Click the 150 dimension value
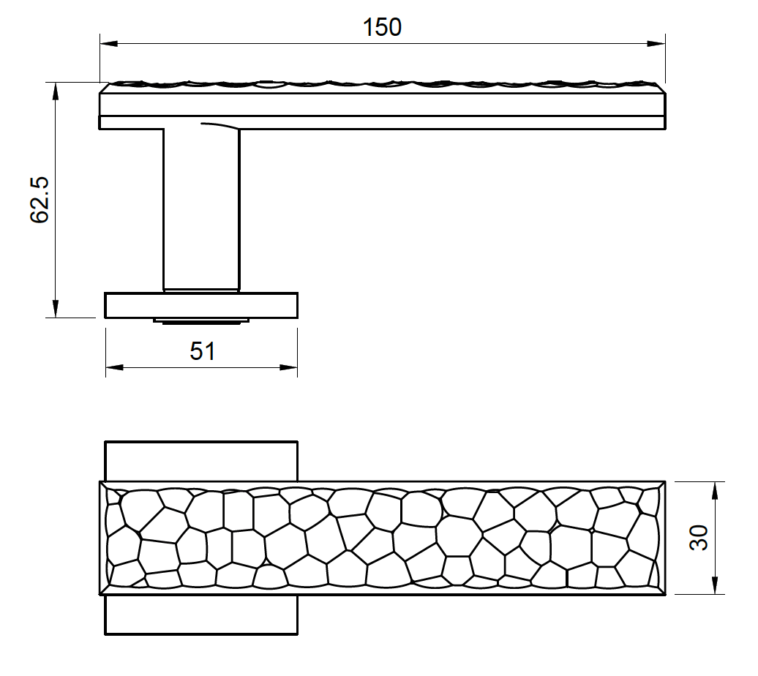(382, 27)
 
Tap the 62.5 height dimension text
(40, 199)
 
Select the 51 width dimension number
(203, 351)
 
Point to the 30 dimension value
(699, 538)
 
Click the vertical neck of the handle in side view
(201, 212)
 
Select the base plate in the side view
(201, 306)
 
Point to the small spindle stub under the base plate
(201, 320)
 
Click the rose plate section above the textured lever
(201, 461)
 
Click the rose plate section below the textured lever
(201, 615)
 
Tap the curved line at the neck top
(219, 126)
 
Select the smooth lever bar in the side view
(439, 122)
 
